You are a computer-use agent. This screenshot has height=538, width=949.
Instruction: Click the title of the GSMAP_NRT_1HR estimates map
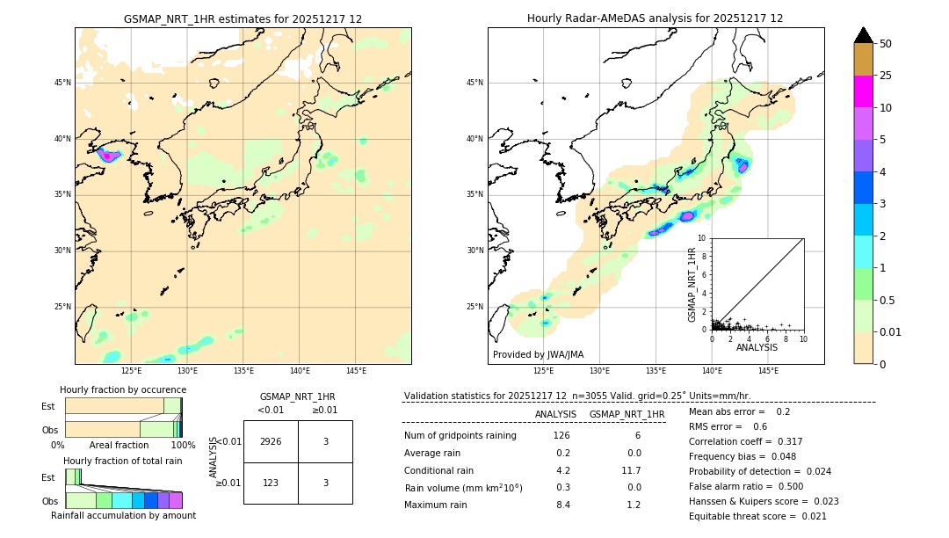(243, 18)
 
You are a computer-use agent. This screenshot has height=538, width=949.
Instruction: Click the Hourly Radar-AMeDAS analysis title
(655, 18)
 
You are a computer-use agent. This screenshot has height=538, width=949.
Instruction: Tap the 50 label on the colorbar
(886, 44)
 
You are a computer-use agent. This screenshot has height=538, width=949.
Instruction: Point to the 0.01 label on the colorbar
(891, 331)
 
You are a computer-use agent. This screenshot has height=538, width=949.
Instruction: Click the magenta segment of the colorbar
(863, 91)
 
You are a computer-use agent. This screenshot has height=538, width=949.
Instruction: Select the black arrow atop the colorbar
(863, 35)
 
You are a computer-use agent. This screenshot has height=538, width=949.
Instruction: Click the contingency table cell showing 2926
(271, 441)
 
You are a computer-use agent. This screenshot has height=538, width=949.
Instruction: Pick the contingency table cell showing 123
(271, 483)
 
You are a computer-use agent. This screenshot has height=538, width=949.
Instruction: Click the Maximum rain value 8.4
(562, 505)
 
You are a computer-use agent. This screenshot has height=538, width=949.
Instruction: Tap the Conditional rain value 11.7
(633, 470)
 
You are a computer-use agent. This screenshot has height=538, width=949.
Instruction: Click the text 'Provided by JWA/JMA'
(538, 355)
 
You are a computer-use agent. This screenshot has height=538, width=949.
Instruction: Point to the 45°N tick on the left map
(62, 83)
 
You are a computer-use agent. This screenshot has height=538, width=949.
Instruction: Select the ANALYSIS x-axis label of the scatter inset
(757, 347)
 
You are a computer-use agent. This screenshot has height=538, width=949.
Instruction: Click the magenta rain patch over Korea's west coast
(109, 156)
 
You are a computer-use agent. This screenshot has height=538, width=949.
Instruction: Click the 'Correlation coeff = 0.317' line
(746, 441)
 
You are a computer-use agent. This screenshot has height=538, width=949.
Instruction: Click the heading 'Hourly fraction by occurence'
(123, 389)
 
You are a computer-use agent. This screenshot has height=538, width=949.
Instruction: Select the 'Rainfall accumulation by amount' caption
(123, 515)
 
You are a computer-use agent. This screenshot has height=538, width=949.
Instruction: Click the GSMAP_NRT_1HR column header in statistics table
(627, 414)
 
